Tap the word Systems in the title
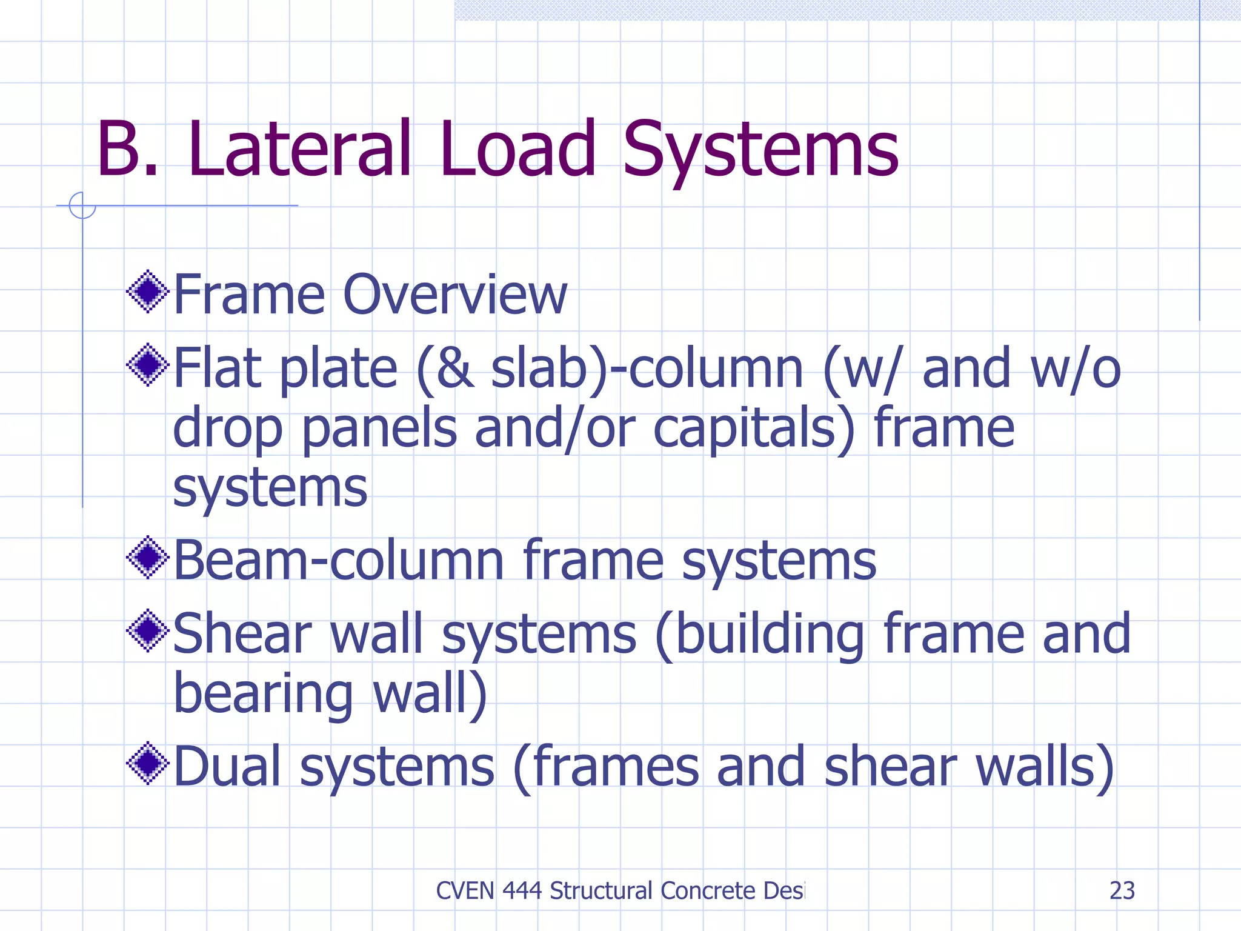click(x=760, y=152)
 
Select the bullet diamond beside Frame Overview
click(x=147, y=292)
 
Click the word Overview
click(x=455, y=295)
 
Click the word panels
click(x=379, y=429)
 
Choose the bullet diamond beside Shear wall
click(x=147, y=631)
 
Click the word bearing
click(x=263, y=695)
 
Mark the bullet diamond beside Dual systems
click(x=147, y=764)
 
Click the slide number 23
click(x=1122, y=890)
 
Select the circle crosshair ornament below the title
click(x=82, y=205)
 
